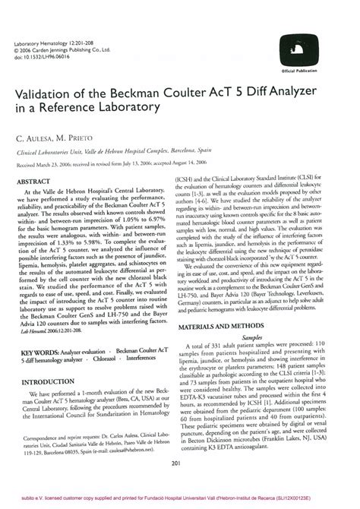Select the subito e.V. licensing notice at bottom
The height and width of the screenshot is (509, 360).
pos(179,503)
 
